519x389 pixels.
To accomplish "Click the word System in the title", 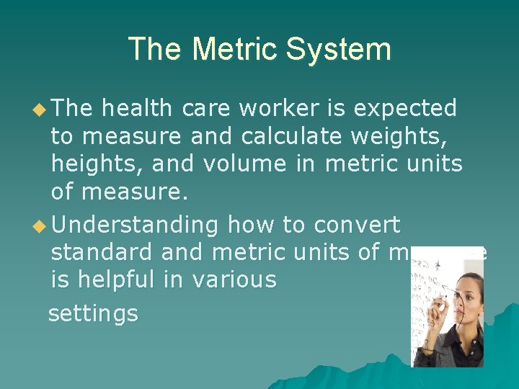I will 338,50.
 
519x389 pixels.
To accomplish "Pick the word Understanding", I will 136,225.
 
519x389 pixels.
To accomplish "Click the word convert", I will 356,225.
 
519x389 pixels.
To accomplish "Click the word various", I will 234,280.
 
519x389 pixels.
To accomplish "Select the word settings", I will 93,314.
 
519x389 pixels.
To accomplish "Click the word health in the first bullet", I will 137,108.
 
